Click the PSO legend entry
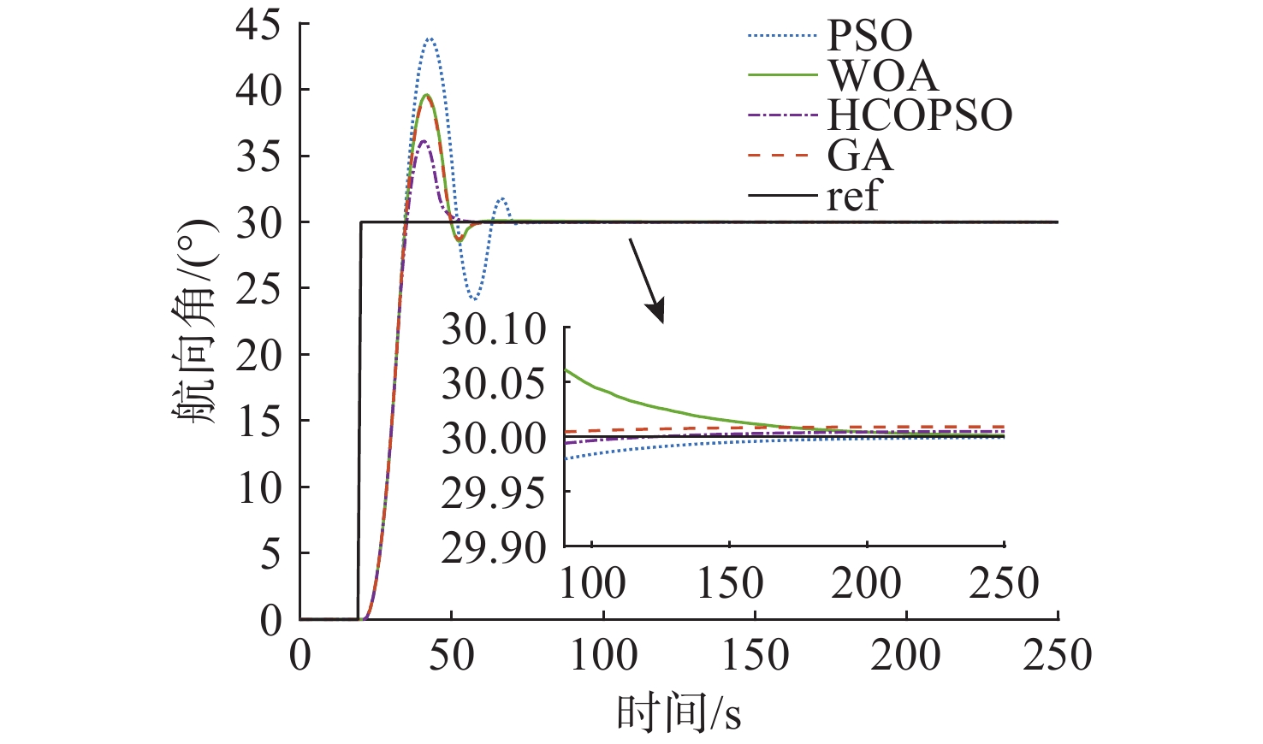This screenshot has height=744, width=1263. tap(869, 36)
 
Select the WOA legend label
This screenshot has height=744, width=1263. tap(882, 75)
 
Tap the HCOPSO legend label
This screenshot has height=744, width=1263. tap(919, 115)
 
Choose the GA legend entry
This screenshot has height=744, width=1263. tap(859, 156)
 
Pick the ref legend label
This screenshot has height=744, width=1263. tap(852, 196)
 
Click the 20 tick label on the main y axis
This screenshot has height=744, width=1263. tap(258, 355)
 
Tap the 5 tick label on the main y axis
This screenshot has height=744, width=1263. tap(270, 554)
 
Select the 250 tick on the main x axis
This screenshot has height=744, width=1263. tap(1058, 656)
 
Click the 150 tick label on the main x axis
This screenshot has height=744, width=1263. tap(755, 656)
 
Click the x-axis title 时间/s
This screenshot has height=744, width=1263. tap(679, 712)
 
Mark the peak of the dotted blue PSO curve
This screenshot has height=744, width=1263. tap(430, 38)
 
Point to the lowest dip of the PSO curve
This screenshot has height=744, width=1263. tap(474, 299)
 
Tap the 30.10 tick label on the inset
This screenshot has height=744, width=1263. tap(494, 330)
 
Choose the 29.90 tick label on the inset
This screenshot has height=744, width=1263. tap(494, 548)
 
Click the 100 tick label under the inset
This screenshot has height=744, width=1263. tap(592, 584)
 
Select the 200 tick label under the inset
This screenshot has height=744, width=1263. tap(866, 584)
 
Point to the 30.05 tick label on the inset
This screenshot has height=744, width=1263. tap(494, 384)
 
